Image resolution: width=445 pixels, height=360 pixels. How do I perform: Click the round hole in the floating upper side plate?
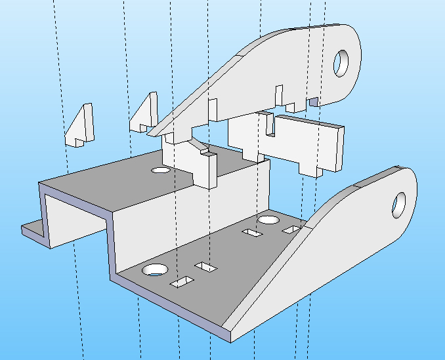point(342,63)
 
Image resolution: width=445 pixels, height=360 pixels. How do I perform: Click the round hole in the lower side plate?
point(399,205)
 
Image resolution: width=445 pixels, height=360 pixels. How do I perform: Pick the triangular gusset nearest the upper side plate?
point(145,112)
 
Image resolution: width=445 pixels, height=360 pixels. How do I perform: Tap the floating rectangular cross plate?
point(308,140)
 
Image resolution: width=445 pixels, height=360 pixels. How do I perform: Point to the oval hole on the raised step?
point(159,170)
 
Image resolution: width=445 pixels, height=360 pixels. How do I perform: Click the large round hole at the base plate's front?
point(156,269)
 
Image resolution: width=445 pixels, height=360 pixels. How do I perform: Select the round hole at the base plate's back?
point(268,220)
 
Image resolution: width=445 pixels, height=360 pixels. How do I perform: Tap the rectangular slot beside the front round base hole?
point(182,282)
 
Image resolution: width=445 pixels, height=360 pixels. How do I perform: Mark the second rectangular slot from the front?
point(206,267)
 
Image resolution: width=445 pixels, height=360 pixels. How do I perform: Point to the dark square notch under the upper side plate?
point(314,101)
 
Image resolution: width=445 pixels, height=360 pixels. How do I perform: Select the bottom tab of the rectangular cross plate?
point(309,169)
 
